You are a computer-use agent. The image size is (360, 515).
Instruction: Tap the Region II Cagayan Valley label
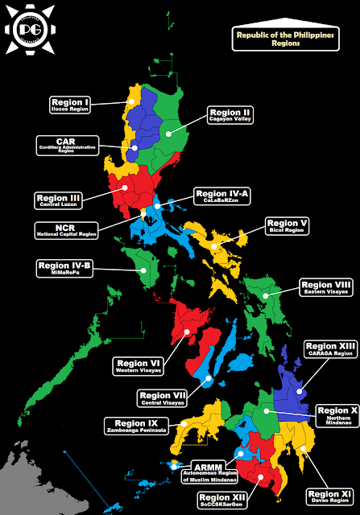232,116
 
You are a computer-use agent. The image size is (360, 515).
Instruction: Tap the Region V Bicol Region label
288,226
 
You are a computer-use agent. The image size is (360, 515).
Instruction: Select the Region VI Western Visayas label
139,366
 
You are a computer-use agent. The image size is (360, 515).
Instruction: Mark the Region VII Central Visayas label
163,399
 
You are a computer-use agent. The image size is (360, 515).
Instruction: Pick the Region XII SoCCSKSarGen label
221,501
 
